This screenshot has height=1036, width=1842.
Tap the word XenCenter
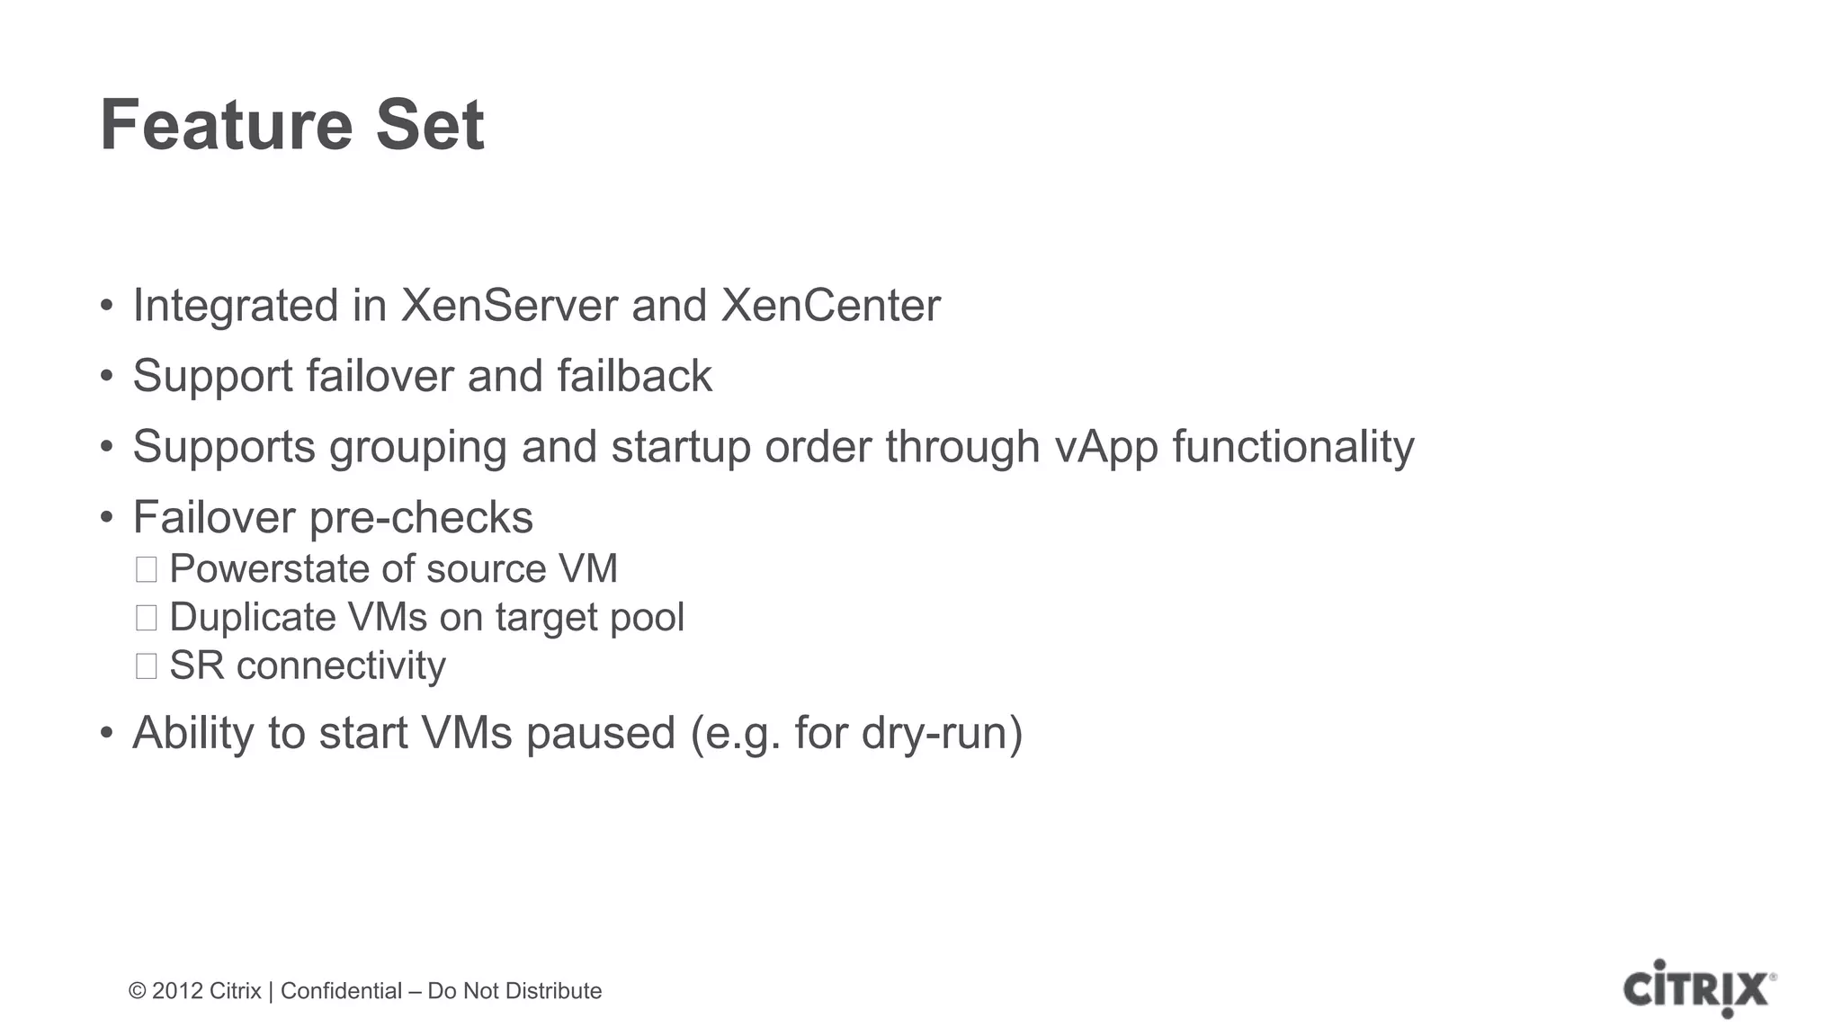(x=830, y=306)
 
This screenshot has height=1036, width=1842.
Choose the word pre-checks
(x=421, y=518)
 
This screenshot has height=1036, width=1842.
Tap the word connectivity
(x=341, y=666)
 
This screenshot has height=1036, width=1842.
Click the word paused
(x=600, y=733)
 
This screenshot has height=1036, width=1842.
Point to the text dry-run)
(x=942, y=733)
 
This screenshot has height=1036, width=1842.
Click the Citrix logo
(x=1699, y=988)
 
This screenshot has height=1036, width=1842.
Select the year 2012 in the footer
(x=177, y=991)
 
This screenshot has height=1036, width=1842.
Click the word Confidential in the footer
(x=341, y=991)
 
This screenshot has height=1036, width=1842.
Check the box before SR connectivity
(x=146, y=666)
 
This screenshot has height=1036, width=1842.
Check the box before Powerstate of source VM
(x=146, y=569)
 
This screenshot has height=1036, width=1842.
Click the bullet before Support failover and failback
(x=107, y=376)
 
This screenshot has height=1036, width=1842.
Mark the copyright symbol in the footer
(x=137, y=991)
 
